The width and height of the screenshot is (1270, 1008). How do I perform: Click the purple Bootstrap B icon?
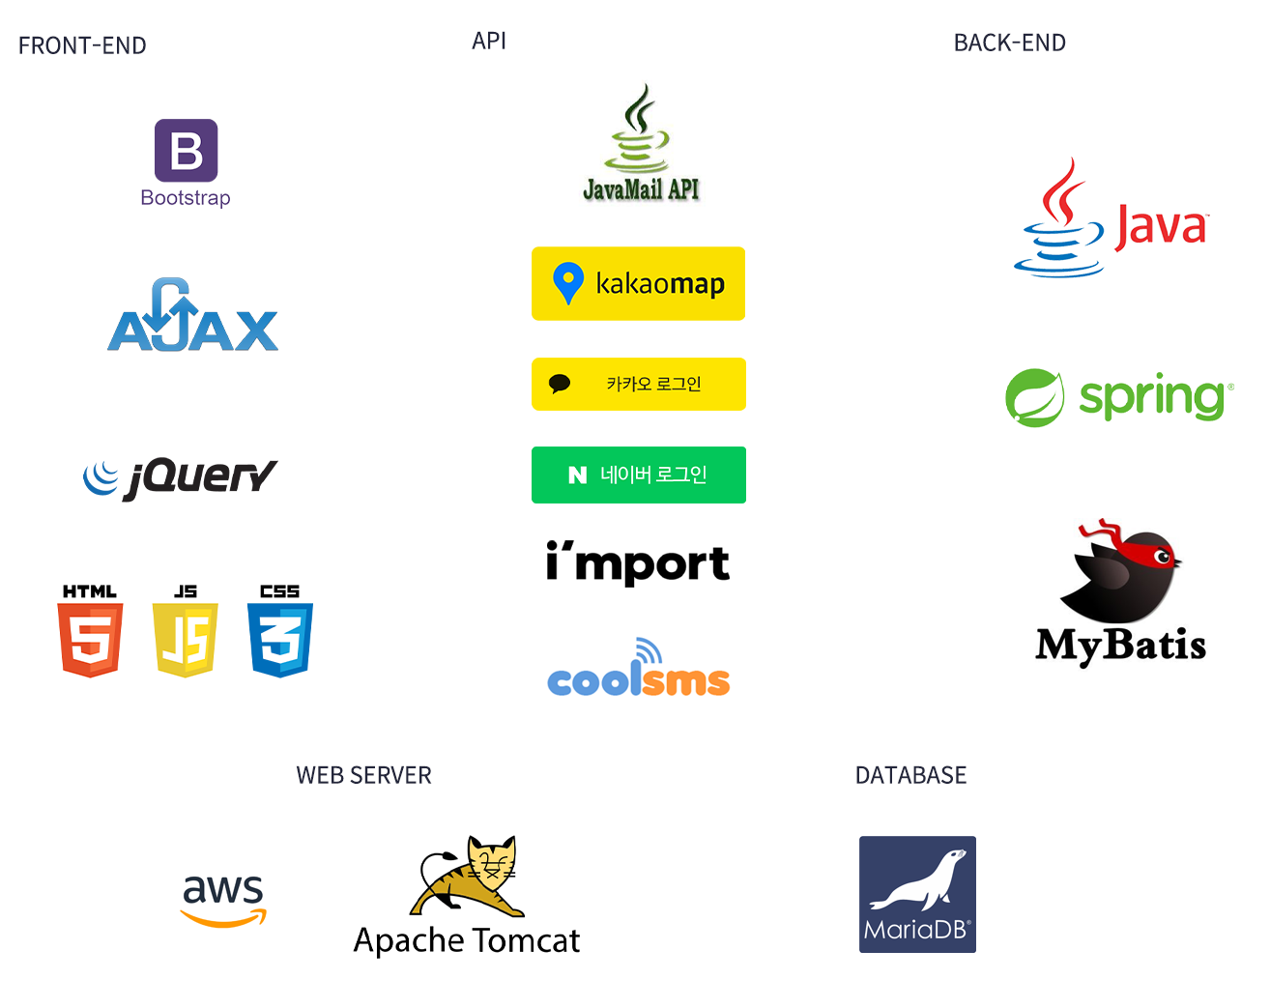click(186, 151)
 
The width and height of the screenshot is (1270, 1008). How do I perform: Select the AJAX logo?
click(192, 317)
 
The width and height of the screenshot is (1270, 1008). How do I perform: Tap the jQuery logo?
click(181, 477)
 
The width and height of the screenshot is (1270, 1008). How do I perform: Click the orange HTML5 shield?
click(90, 639)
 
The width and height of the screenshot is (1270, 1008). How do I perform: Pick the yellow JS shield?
click(185, 639)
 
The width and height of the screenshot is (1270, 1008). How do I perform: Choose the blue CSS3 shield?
click(279, 639)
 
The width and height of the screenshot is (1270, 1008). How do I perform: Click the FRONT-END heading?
click(82, 45)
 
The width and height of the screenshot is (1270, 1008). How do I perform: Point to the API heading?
click(489, 41)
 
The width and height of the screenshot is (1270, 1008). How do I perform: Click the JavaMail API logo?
click(640, 145)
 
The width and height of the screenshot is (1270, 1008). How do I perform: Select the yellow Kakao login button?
click(638, 384)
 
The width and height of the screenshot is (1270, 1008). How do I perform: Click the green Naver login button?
click(638, 475)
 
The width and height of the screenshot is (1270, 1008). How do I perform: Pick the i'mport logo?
click(637, 562)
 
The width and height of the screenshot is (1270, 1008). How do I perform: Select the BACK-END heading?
click(1009, 43)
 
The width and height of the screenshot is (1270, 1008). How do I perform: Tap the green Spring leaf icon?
click(1034, 397)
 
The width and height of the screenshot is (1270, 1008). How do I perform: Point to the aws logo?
click(223, 897)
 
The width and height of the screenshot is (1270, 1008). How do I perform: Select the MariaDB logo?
click(917, 894)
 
